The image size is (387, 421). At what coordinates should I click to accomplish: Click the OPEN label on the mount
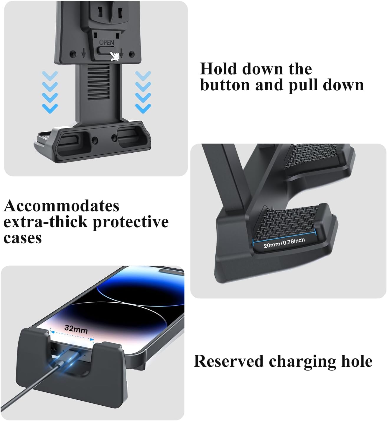click(x=106, y=43)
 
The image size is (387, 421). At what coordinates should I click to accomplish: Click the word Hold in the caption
click(x=218, y=69)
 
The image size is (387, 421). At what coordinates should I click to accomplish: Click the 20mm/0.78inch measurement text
click(x=284, y=243)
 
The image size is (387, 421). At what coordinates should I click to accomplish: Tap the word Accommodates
click(x=62, y=206)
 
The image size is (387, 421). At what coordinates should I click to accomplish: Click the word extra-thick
click(x=46, y=222)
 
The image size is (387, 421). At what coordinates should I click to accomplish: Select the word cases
click(x=22, y=238)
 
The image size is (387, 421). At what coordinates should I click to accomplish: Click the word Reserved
click(x=228, y=361)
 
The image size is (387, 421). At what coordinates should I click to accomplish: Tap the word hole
click(x=357, y=361)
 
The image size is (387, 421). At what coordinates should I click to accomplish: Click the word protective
click(x=131, y=222)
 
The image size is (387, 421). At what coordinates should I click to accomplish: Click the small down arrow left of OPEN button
click(x=84, y=53)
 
